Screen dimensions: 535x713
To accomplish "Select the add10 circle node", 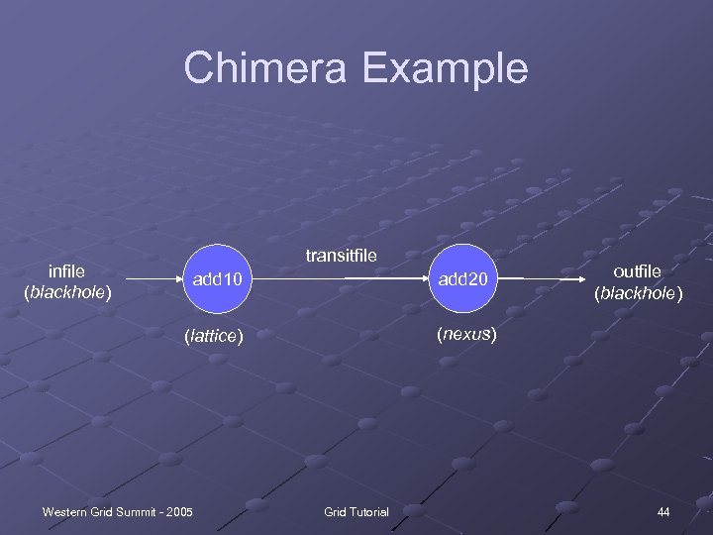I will (218, 280).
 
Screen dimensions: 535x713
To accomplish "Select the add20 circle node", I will (464, 280).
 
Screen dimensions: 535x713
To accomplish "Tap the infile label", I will (66, 270).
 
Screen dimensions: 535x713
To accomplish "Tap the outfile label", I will (637, 270).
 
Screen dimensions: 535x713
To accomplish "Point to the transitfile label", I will (341, 256).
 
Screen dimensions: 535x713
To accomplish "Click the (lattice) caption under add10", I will (214, 336).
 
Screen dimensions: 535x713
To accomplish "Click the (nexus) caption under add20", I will (464, 334).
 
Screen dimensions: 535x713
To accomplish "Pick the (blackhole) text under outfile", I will (638, 292).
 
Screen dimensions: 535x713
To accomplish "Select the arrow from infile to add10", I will (144, 280).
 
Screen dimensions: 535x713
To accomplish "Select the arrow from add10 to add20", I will (342, 280).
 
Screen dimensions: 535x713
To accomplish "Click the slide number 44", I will (662, 511).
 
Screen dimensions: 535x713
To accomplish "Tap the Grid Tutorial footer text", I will (356, 511).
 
